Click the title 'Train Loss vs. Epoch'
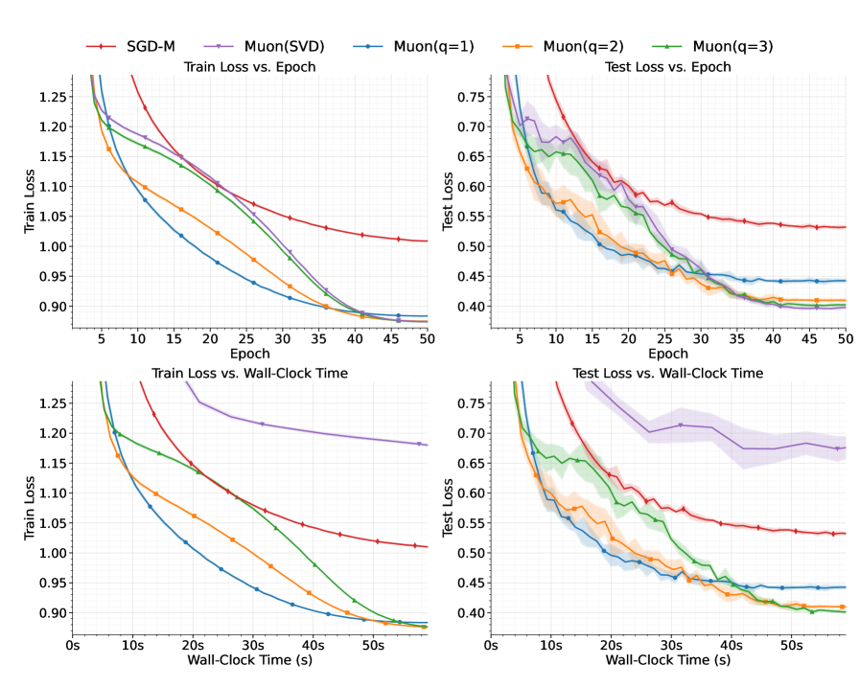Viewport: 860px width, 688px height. [249, 66]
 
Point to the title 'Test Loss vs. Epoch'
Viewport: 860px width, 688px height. [668, 66]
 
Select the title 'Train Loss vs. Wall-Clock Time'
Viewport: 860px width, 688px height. [249, 373]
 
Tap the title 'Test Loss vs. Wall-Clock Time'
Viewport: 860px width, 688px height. [668, 373]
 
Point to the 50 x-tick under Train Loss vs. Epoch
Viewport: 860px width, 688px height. [427, 339]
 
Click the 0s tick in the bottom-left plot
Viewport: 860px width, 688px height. [73, 646]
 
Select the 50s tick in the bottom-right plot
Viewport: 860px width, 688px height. [791, 646]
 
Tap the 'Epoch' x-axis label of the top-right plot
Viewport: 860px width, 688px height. [668, 353]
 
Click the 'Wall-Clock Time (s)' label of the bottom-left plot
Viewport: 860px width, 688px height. [249, 660]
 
